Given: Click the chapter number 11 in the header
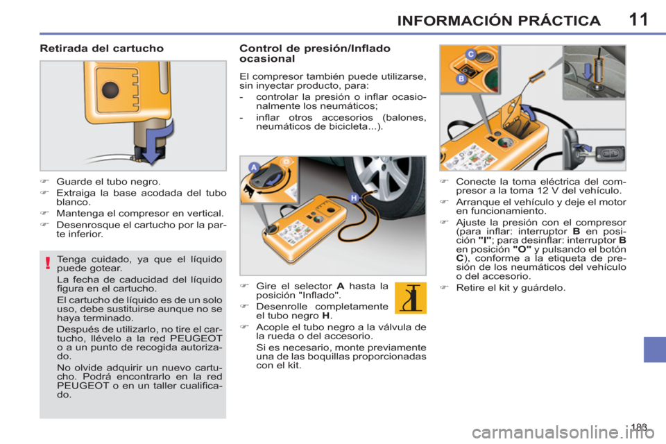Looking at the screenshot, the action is coord(638,19).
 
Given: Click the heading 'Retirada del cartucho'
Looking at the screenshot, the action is coord(101,49).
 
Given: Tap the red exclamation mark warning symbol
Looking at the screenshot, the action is coord(48,263).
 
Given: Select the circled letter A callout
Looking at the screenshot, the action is coord(254,167).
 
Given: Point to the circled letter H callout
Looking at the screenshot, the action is coord(354,198).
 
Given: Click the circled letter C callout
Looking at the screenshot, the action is coord(470,54).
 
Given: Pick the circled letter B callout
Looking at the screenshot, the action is coord(461,79).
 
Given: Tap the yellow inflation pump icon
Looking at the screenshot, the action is coord(410,298).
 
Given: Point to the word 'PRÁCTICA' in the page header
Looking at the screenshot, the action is coord(559,21).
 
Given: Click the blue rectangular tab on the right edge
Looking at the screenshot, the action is coord(654,349).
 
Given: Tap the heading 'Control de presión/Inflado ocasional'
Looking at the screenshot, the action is coord(315,53).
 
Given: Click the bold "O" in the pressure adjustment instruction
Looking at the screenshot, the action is coord(522,250).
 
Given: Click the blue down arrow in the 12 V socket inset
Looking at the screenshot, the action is coord(588,71).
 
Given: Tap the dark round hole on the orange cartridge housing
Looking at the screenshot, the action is coord(110,89).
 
